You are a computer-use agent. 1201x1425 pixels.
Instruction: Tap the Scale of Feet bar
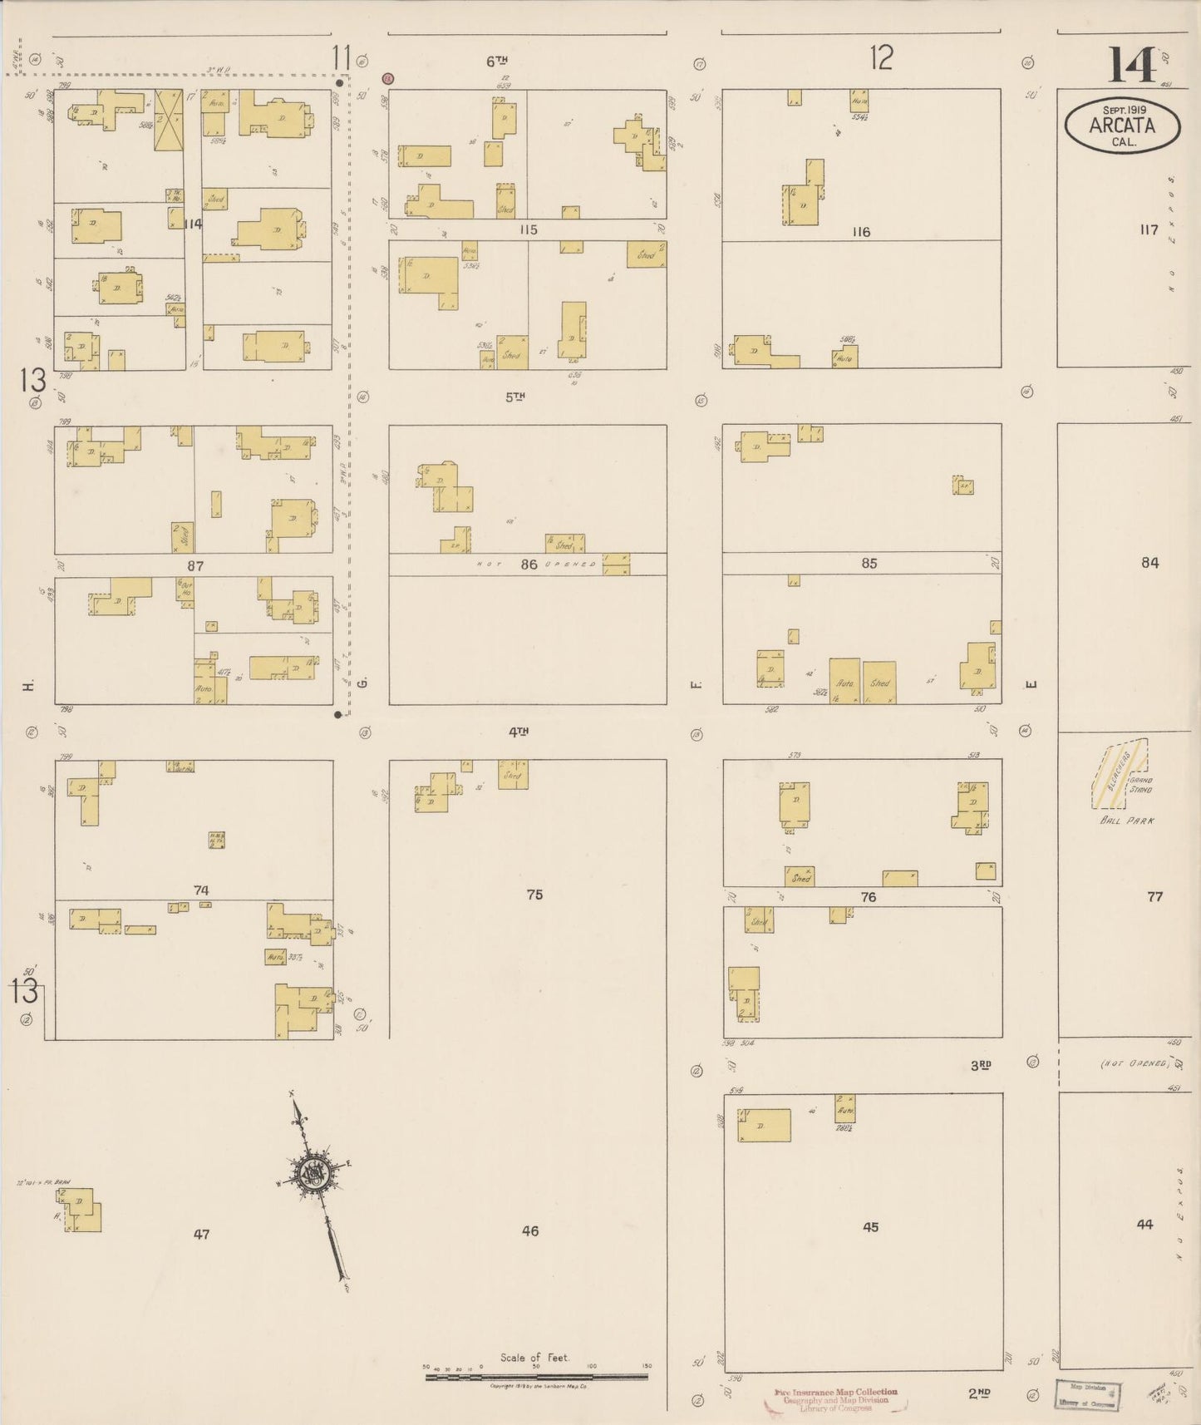coord(536,1377)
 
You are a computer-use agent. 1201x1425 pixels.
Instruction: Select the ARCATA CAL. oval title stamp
coord(1122,126)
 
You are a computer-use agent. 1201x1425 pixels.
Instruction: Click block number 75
coord(534,895)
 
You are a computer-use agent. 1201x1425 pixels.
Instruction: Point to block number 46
coord(530,1231)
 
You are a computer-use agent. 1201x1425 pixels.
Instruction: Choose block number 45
coord(870,1227)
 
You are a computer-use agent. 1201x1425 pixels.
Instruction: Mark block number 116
coord(861,232)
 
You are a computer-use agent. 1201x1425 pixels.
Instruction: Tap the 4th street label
coord(519,732)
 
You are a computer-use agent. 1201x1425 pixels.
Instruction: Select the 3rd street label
coord(980,1065)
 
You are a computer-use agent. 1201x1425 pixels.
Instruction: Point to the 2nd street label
coord(979,1393)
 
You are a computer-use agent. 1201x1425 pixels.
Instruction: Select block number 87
coord(195,565)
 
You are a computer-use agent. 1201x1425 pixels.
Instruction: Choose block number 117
coord(1149,230)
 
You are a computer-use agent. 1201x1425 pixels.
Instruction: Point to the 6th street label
coord(497,61)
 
